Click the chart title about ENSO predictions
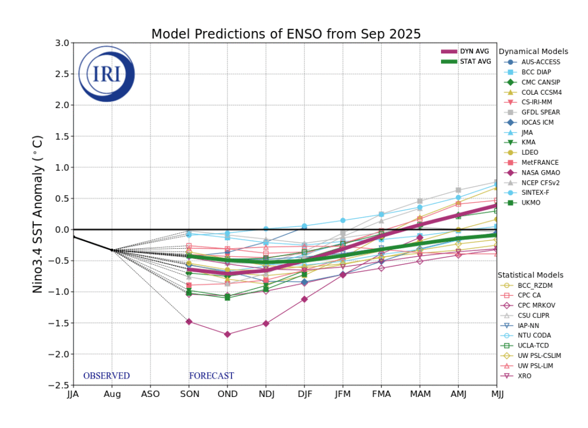[x=286, y=34]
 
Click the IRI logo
[x=106, y=75]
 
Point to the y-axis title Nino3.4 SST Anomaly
[x=38, y=214]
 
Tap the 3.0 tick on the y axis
[x=61, y=43]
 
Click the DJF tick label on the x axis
[x=304, y=395]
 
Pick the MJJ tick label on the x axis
[x=496, y=395]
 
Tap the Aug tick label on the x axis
[x=112, y=395]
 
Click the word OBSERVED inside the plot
[x=106, y=376]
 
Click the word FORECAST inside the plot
[x=211, y=376]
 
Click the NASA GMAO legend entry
[x=540, y=172]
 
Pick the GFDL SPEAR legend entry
[x=540, y=112]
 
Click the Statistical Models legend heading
[x=530, y=275]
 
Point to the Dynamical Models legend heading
[x=533, y=52]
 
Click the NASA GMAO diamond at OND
[x=227, y=334]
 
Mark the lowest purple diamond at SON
[x=189, y=321]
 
